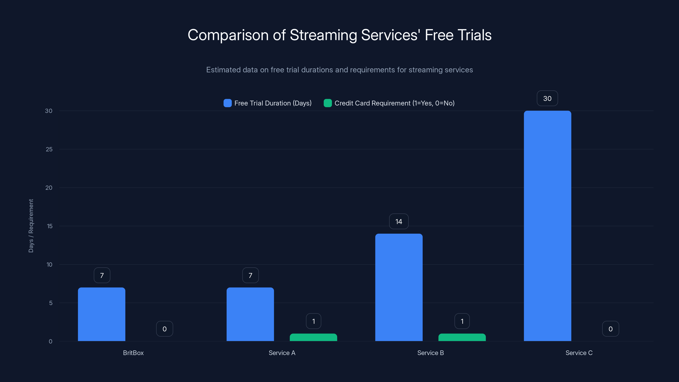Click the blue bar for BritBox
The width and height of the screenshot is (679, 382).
click(101, 314)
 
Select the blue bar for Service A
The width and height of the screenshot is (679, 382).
click(250, 314)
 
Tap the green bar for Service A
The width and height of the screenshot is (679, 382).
click(313, 337)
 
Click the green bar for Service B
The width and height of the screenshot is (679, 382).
click(462, 337)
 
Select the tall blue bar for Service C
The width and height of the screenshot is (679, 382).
click(547, 226)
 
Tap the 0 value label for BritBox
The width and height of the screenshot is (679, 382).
click(164, 329)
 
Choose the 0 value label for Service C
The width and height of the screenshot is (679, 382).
click(610, 329)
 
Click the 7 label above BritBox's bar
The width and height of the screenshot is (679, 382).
click(102, 275)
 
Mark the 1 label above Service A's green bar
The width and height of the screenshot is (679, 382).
click(313, 321)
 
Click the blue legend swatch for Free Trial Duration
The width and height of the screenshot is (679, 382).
click(227, 103)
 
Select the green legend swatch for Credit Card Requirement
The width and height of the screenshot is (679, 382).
click(328, 103)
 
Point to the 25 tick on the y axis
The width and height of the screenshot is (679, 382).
click(49, 149)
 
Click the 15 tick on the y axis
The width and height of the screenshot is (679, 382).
click(50, 226)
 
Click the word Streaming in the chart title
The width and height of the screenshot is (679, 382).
click(323, 35)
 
